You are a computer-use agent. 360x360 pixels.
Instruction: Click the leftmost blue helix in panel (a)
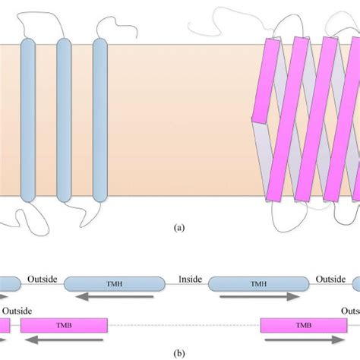(x=27, y=122)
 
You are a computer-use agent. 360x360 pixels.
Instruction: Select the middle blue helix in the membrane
(x=64, y=122)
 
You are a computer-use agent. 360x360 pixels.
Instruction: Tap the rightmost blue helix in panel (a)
(x=100, y=122)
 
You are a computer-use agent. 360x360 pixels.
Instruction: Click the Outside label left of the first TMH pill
(x=42, y=279)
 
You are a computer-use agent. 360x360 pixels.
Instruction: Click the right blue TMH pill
(x=258, y=283)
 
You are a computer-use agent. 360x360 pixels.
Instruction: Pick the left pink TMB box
(x=64, y=325)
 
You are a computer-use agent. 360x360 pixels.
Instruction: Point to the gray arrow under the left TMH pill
(x=114, y=297)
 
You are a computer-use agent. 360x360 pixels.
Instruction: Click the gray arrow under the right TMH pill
(x=258, y=297)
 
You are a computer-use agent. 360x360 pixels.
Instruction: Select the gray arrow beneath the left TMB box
(x=64, y=339)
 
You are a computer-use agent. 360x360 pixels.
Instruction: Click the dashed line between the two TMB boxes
(x=182, y=326)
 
